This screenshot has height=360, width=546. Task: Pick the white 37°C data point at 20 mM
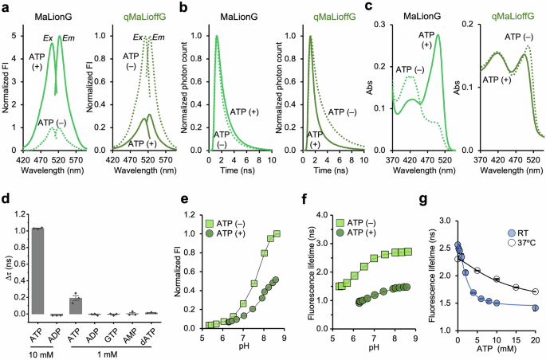point(535,292)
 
